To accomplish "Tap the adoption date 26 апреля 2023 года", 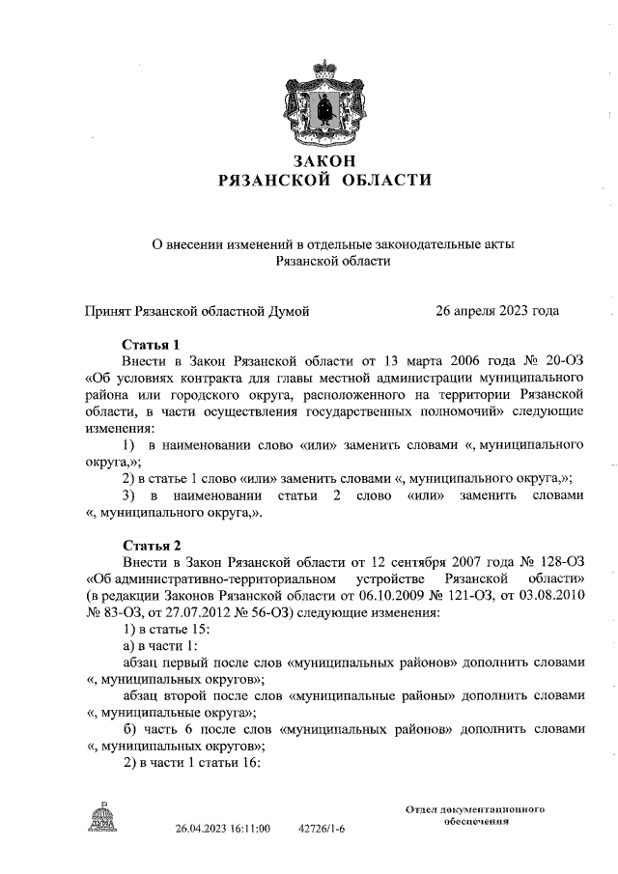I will coord(497,311).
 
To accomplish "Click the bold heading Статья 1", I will coord(152,344).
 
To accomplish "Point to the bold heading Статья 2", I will coord(152,546).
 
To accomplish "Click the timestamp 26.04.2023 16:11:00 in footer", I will coord(222,829).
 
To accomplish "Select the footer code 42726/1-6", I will coord(322,829).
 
